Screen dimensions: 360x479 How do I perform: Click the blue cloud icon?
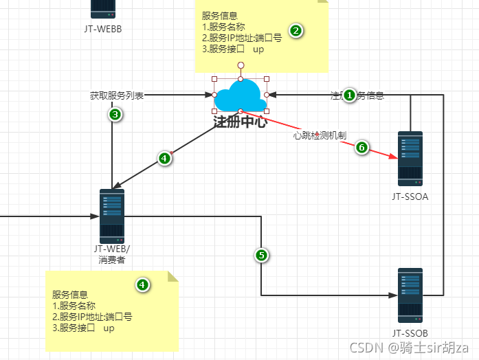(x=240, y=96)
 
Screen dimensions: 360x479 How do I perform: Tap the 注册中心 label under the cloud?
(x=240, y=122)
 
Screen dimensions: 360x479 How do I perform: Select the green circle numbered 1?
(x=349, y=95)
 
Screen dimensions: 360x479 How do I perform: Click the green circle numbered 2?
(x=296, y=30)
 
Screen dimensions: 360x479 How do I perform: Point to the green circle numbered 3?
(x=115, y=114)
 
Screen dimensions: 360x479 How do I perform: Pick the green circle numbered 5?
(x=261, y=256)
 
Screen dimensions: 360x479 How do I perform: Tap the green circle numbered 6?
(x=362, y=147)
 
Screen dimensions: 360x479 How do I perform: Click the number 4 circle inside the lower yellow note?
(x=142, y=284)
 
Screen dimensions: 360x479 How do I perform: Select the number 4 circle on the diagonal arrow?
(x=164, y=158)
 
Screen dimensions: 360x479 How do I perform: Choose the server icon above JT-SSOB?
(x=411, y=296)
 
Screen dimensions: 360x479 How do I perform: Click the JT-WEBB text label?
(x=102, y=30)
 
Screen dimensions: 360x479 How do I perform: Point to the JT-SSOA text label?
(x=411, y=197)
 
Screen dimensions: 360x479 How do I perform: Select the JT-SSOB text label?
(x=411, y=333)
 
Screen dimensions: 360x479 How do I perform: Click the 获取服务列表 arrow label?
(x=117, y=95)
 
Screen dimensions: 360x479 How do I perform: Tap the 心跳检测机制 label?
(x=319, y=136)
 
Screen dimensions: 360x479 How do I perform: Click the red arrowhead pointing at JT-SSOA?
(x=394, y=158)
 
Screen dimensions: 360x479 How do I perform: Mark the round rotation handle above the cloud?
(x=241, y=65)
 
